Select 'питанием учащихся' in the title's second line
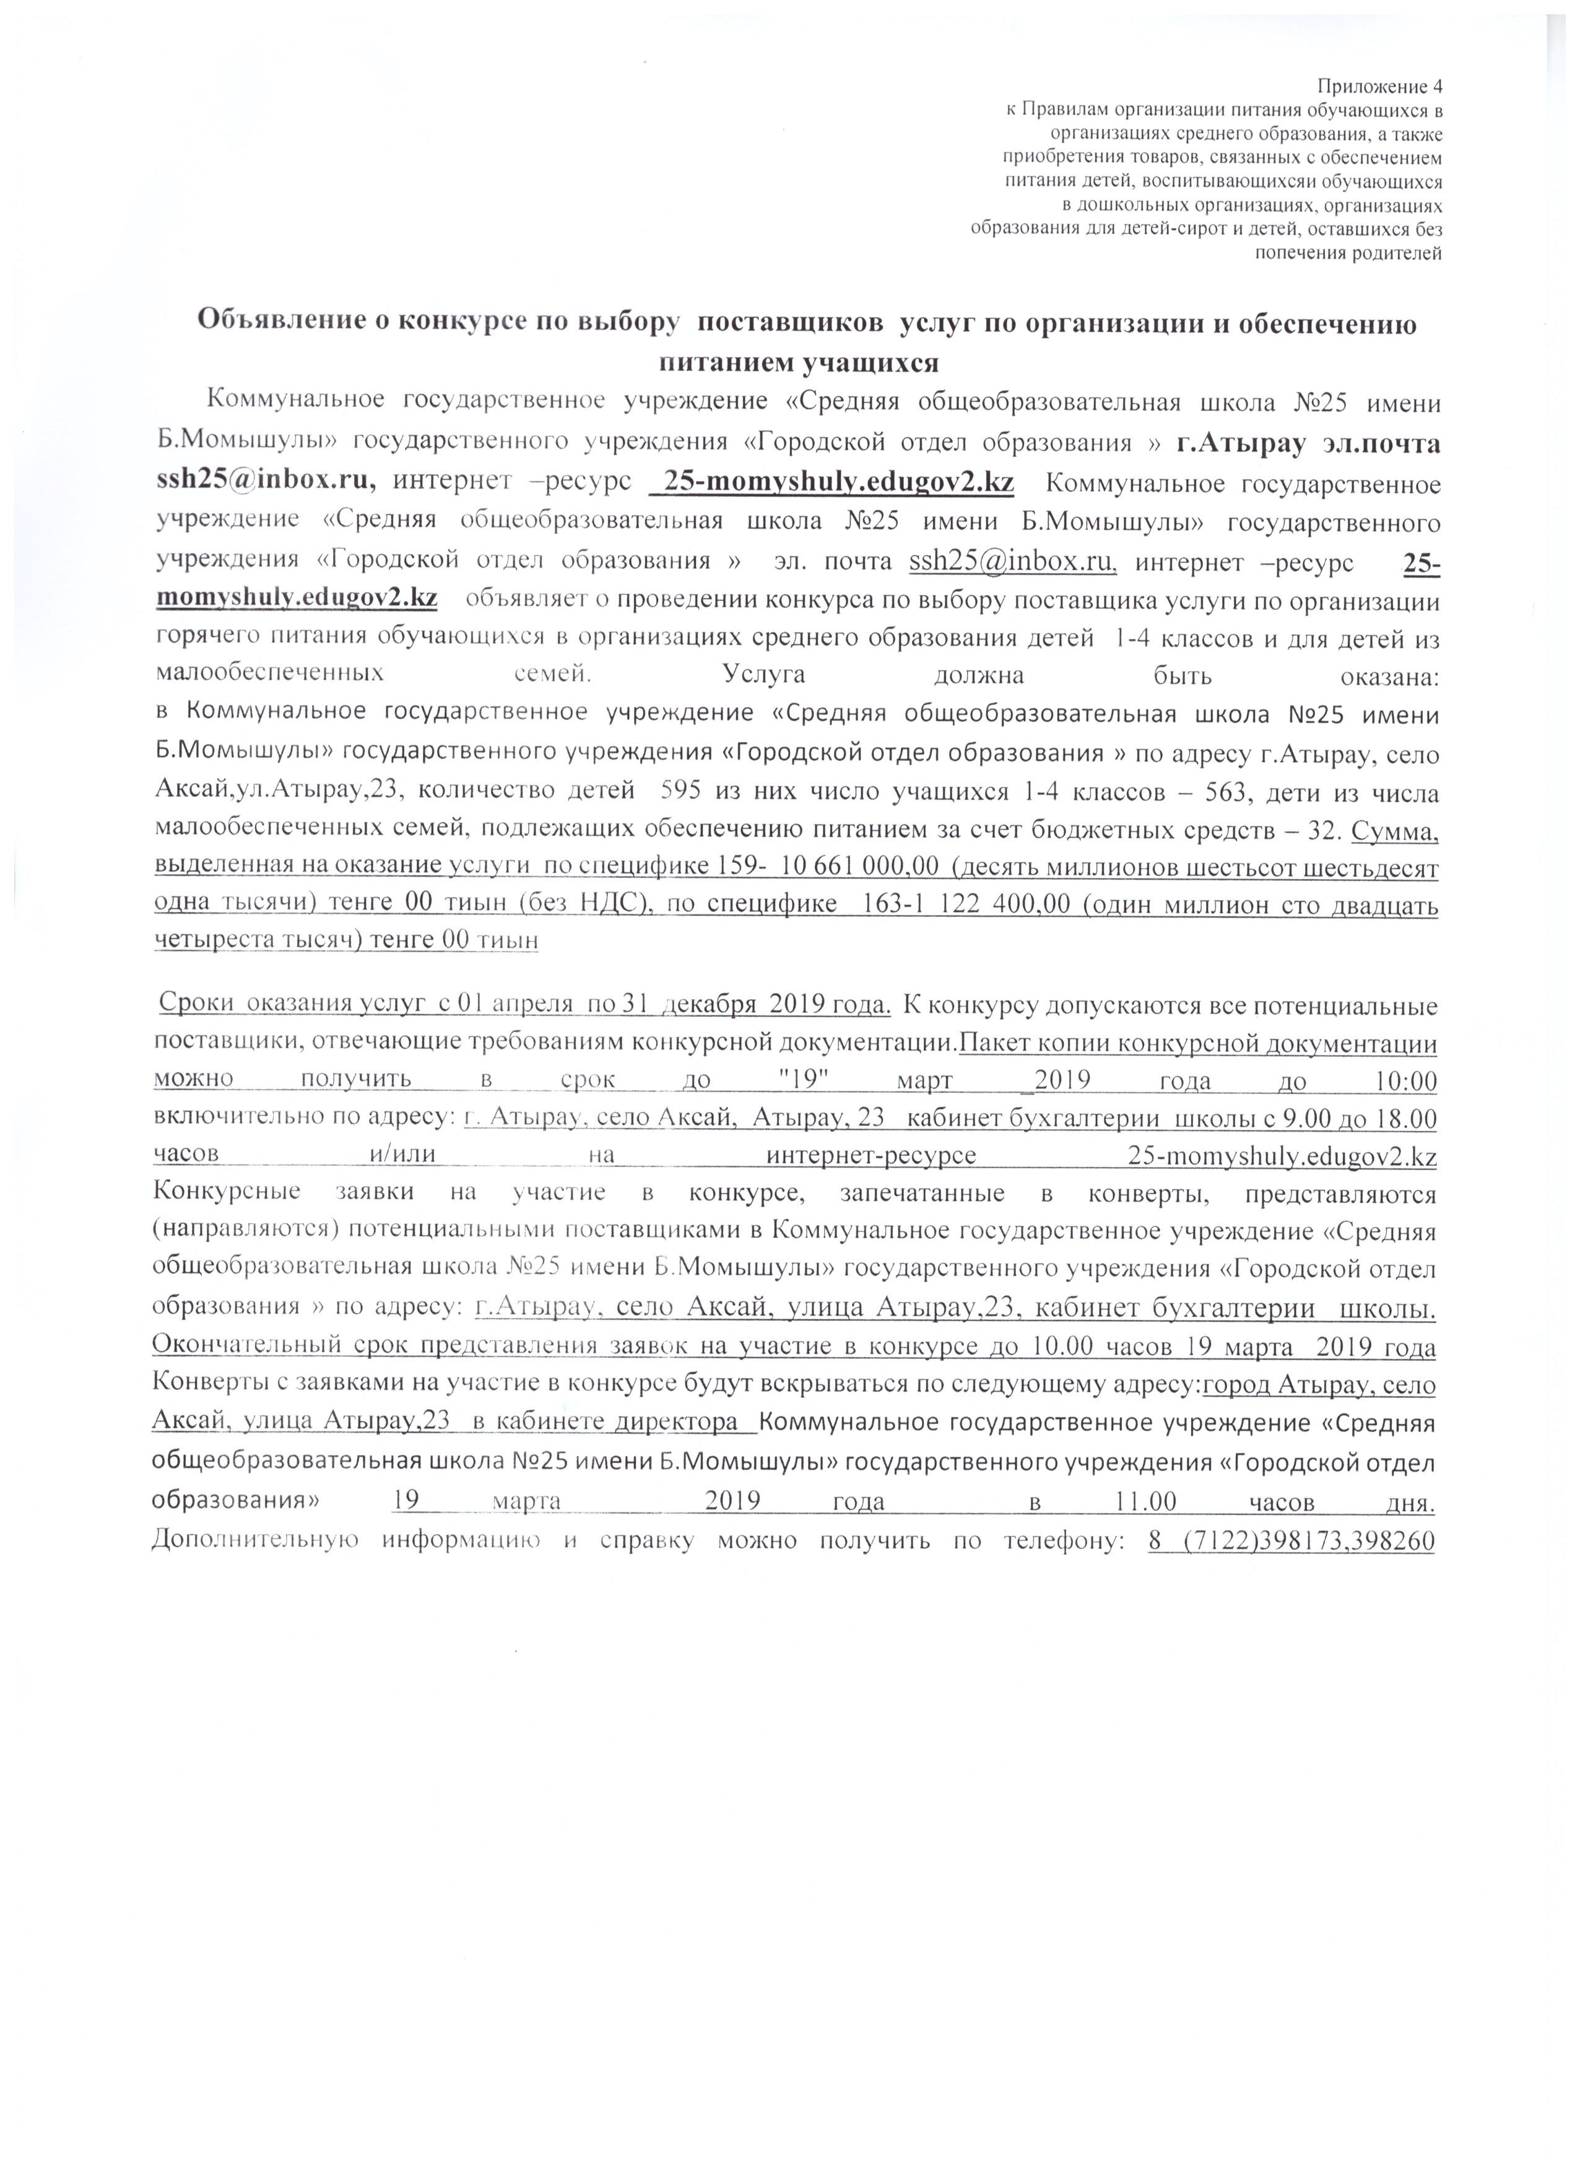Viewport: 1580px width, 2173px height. point(797,362)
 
